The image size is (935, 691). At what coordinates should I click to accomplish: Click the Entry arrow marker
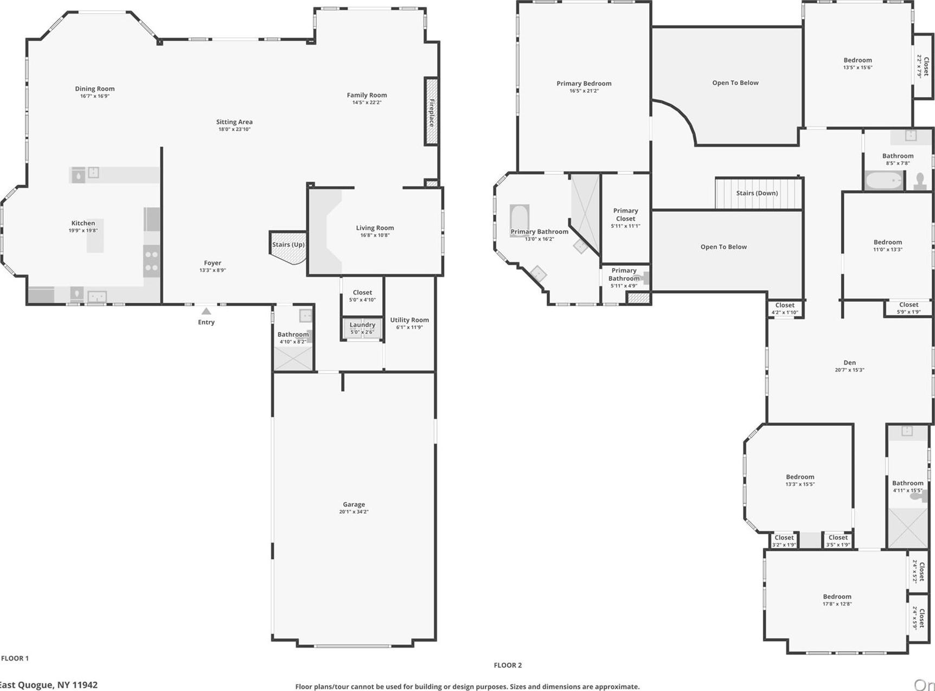click(206, 311)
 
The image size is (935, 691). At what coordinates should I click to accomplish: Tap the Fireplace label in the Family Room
click(432, 112)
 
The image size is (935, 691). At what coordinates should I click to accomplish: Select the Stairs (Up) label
click(288, 245)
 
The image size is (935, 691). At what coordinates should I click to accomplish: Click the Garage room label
click(354, 504)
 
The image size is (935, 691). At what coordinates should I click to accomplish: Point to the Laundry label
click(362, 325)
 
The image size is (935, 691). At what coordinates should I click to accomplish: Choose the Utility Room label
click(409, 320)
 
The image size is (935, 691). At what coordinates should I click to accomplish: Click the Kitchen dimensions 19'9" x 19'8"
click(83, 231)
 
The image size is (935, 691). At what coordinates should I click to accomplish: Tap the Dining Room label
click(95, 89)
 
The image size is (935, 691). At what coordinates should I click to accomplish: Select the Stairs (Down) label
click(757, 193)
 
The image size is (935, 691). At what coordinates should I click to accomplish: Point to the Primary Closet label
click(625, 215)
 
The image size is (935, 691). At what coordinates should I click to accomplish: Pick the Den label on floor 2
click(849, 363)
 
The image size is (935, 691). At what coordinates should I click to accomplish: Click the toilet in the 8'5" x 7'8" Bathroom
click(920, 181)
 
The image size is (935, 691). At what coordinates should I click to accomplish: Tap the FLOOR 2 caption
click(508, 665)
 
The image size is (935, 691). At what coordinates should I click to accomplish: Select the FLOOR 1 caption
click(15, 658)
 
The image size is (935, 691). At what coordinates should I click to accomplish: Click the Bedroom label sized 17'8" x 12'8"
click(837, 597)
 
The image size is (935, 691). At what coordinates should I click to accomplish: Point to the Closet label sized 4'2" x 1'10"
click(785, 305)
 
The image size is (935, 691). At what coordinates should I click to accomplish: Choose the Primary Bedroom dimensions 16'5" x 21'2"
click(584, 91)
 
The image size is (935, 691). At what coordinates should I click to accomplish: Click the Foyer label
click(213, 263)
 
